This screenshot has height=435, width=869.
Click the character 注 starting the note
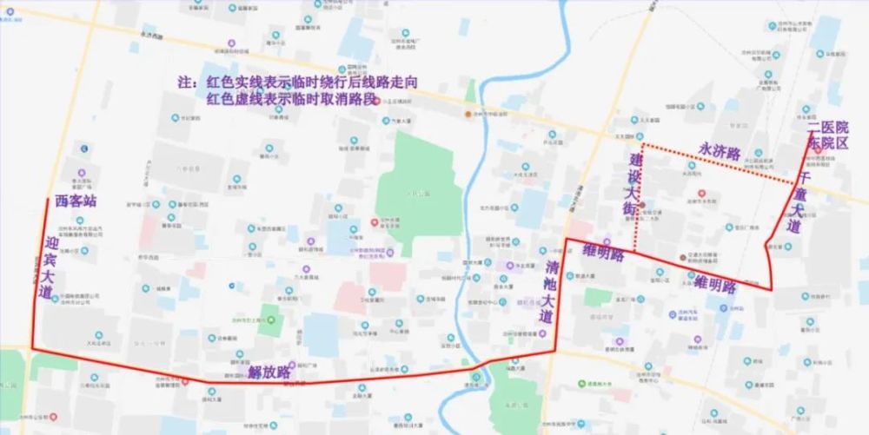tap(183, 83)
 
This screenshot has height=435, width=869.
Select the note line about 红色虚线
tap(292, 100)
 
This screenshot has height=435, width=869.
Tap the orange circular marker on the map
tap(468, 114)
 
